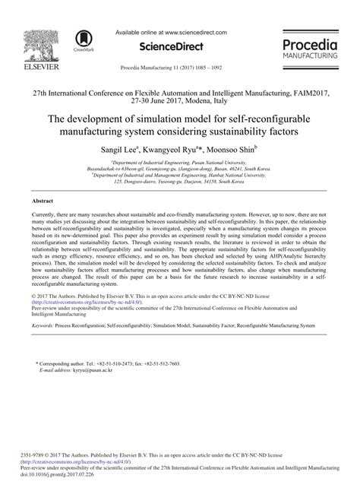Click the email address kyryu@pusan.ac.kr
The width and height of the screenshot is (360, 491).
87,372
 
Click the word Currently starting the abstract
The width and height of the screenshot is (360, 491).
46,217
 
